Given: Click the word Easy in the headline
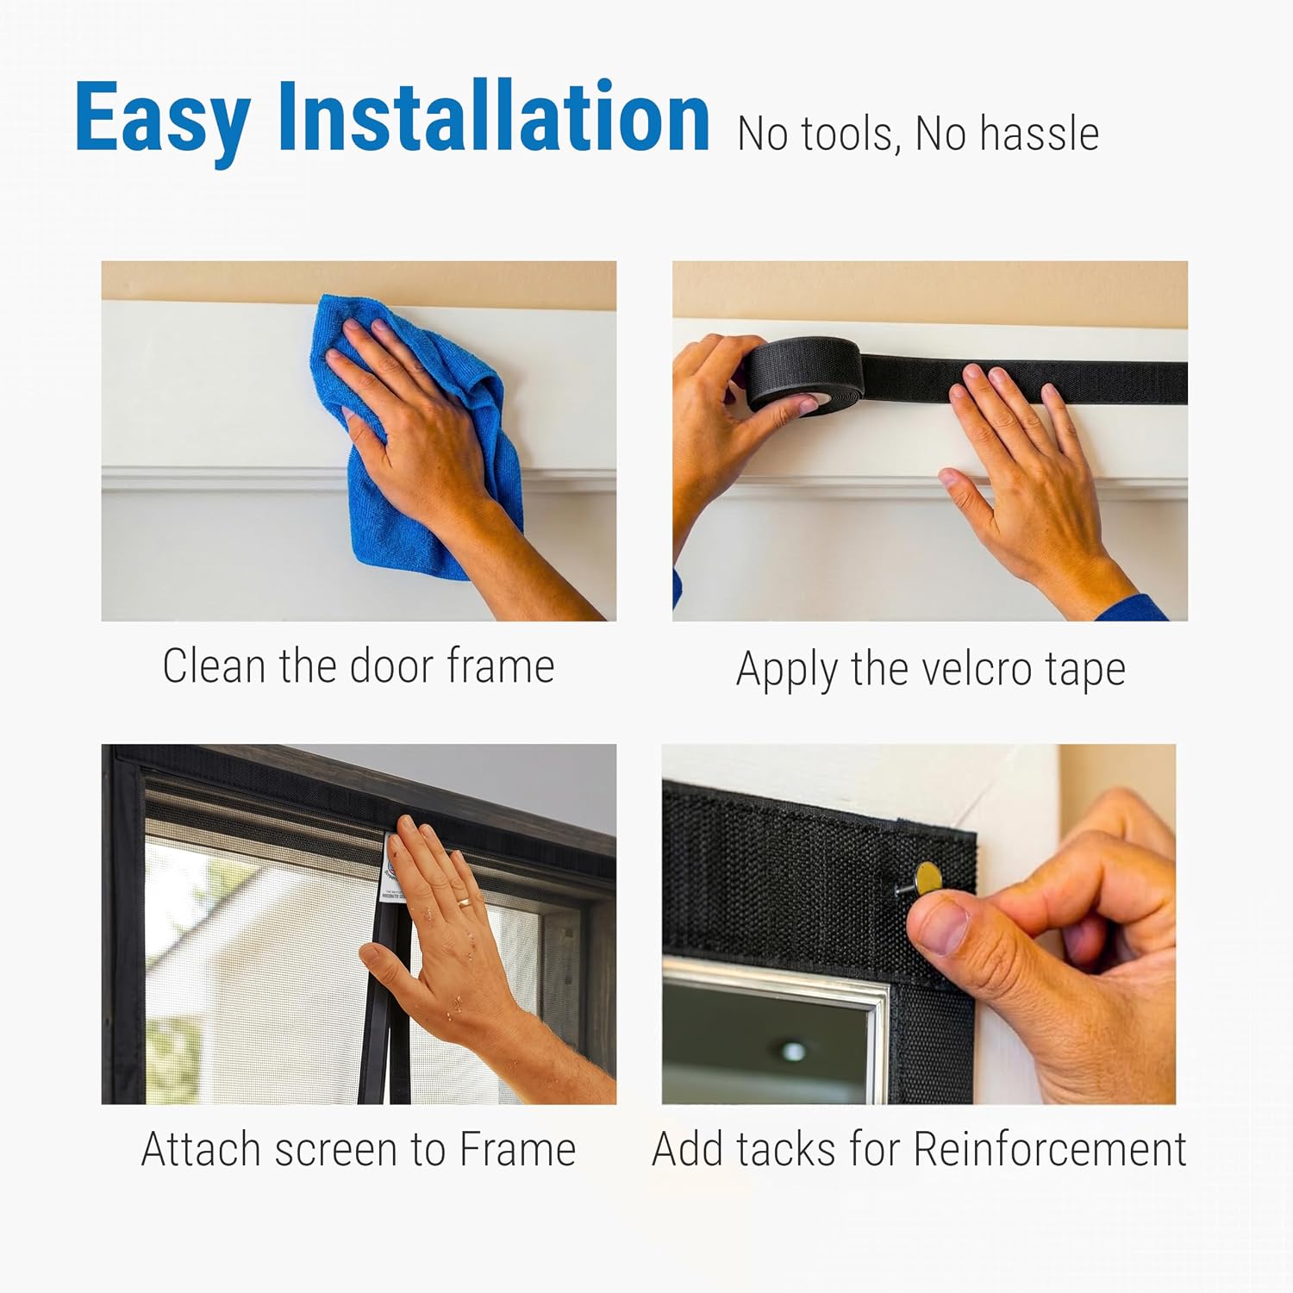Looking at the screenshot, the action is pos(162,117).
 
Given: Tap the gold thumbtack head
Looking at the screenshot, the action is pos(928,878).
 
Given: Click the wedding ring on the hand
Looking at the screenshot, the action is pos(464,903).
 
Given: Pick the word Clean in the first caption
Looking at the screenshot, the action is pos(214,666).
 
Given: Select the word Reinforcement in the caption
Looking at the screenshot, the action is pos(1050,1149).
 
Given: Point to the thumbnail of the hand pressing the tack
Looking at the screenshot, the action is pos(919,924).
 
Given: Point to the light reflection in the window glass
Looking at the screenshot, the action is pos(793,1051).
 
